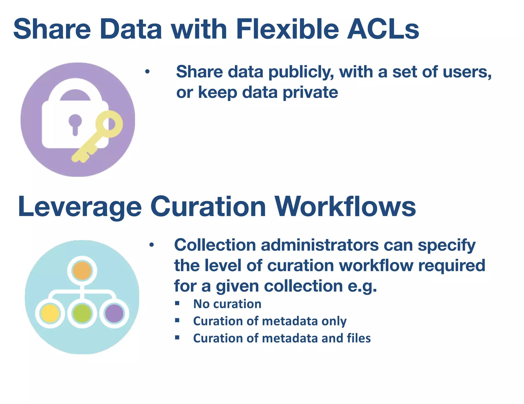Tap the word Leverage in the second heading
click(79, 207)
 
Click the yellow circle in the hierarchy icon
click(50, 313)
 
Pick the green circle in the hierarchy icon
click(82, 313)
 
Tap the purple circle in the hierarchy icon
click(114, 313)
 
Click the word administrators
click(320, 245)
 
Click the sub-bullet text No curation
click(227, 304)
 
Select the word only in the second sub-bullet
click(334, 321)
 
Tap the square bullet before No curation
click(177, 303)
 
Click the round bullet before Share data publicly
click(147, 72)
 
